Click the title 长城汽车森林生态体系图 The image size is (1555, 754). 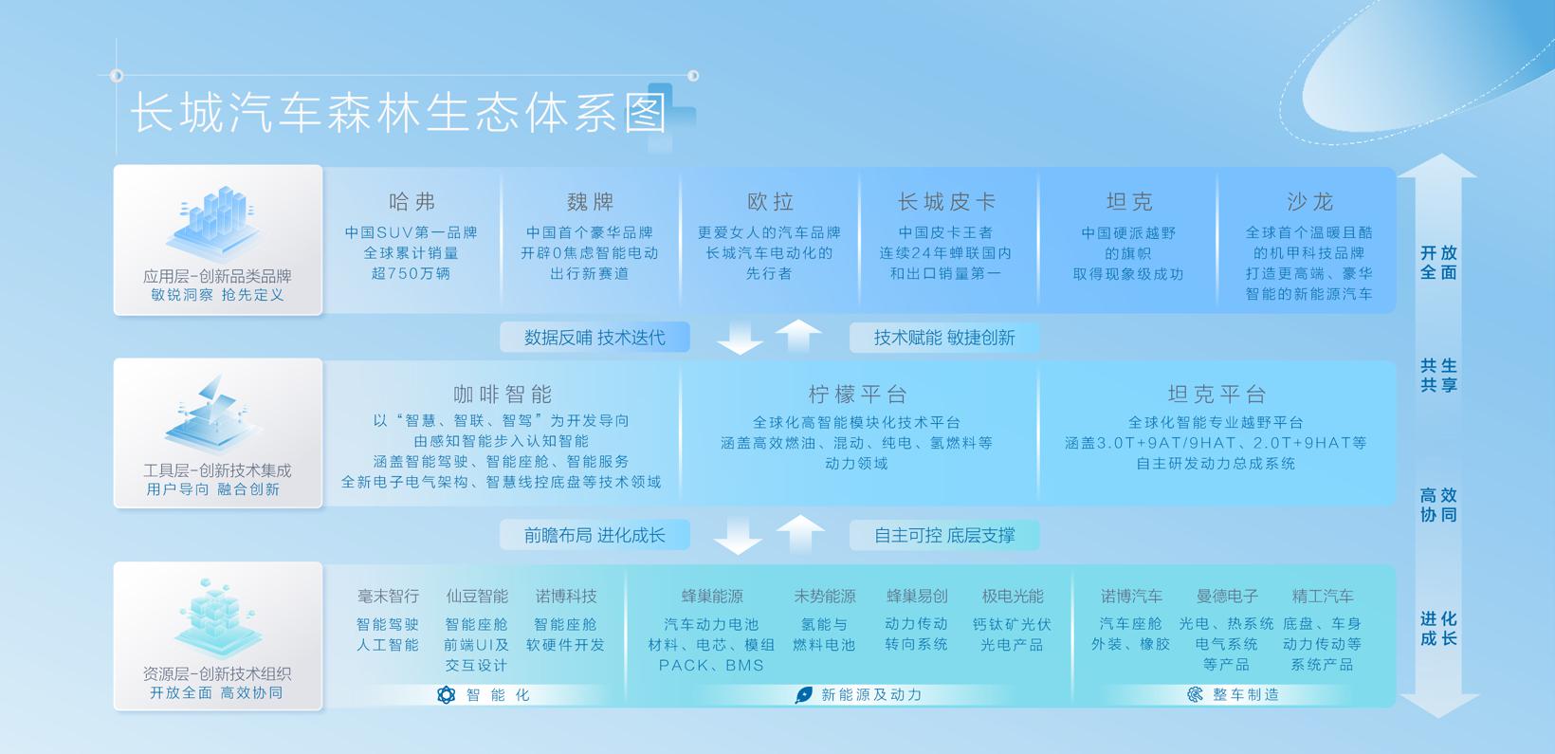coord(399,113)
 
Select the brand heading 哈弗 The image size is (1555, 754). coord(412,202)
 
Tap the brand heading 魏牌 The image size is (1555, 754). coord(591,202)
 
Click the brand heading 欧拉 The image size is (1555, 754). coord(770,202)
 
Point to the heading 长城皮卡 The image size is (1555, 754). coord(946,202)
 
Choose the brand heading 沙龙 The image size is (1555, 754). coord(1309,202)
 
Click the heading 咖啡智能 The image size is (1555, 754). coord(503,395)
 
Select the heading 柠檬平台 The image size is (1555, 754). coord(858,395)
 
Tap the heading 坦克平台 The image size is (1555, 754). coord(1217,395)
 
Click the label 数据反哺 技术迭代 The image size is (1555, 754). coord(595,338)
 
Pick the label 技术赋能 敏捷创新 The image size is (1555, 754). coord(944,338)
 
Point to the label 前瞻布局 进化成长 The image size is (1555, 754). coord(595,535)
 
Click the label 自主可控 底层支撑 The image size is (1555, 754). coord(944,535)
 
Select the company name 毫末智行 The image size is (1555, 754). coord(388,597)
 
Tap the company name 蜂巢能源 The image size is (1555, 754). coord(712,597)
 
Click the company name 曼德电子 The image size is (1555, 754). coord(1227,597)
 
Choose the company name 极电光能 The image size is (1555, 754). coord(1013,597)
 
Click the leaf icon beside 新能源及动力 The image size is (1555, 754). coord(804,695)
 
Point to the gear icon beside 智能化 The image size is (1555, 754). coord(446,695)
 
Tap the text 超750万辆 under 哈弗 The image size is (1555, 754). coord(411,274)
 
